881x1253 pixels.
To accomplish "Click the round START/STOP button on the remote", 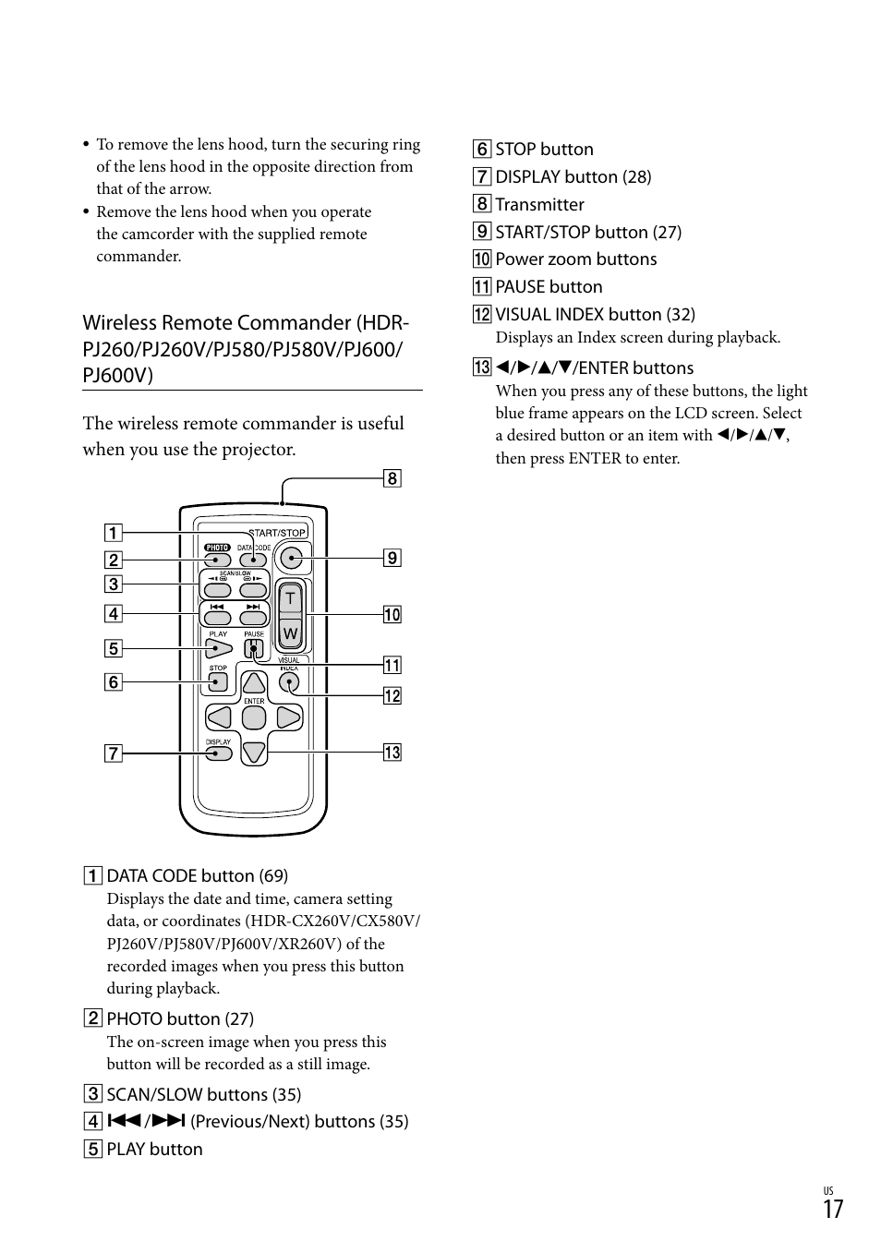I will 292,558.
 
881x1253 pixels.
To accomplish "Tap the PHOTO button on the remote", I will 218,560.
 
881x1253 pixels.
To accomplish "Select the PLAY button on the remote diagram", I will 218,648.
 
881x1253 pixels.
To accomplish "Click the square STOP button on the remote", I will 218,682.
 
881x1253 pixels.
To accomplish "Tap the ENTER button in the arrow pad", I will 254,717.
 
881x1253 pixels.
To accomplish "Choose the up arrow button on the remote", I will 254,684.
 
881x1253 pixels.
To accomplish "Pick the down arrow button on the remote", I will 254,752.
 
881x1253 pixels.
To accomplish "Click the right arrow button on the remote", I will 288,717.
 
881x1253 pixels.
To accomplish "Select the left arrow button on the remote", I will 220,717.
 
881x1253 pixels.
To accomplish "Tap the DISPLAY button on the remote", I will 219,753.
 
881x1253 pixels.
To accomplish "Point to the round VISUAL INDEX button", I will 290,683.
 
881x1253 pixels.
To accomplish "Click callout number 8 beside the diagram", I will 392,478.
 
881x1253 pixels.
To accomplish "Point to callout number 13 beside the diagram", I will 392,753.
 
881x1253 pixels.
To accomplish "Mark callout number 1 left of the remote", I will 113,533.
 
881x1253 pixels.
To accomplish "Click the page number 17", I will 833,1210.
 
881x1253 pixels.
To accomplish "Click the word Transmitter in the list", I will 539,205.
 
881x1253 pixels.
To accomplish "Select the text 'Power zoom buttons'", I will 575,259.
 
